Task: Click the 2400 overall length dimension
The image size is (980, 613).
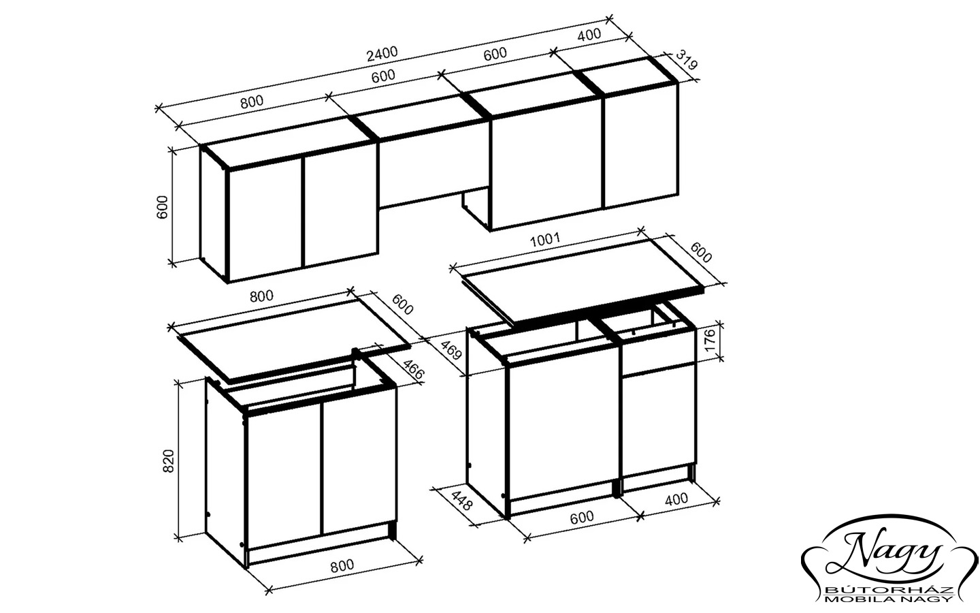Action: click(x=382, y=53)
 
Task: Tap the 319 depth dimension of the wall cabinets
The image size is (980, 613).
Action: click(x=686, y=60)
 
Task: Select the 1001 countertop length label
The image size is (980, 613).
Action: click(x=544, y=240)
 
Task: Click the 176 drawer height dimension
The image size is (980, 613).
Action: click(x=710, y=339)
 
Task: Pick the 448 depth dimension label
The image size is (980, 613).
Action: click(x=461, y=501)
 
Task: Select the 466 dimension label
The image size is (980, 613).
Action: click(x=413, y=369)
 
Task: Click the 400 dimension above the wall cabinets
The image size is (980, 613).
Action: click(x=589, y=35)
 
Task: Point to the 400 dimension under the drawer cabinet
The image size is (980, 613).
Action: click(x=676, y=499)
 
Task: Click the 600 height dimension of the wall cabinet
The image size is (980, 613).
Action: click(x=162, y=207)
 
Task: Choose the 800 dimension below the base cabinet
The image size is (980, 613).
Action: click(x=342, y=565)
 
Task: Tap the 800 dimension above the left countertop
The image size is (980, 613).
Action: click(x=261, y=296)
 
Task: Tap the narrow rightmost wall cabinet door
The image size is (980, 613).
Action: click(x=641, y=145)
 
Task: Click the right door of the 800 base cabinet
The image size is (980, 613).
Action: click(x=360, y=461)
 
